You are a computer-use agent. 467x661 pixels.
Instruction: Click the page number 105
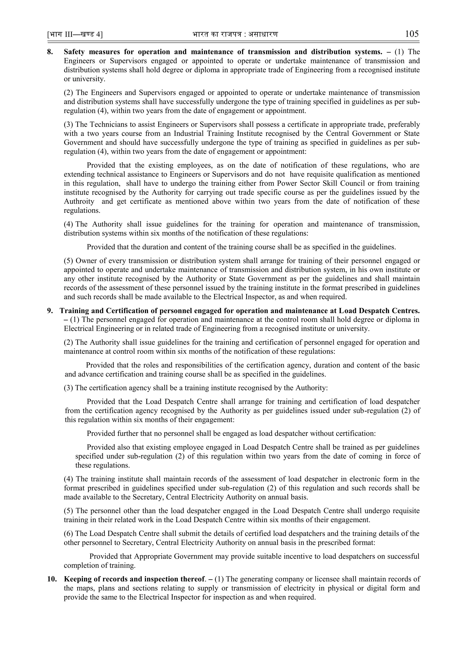[412, 34]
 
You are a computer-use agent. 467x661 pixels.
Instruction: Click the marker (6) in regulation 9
[68, 533]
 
